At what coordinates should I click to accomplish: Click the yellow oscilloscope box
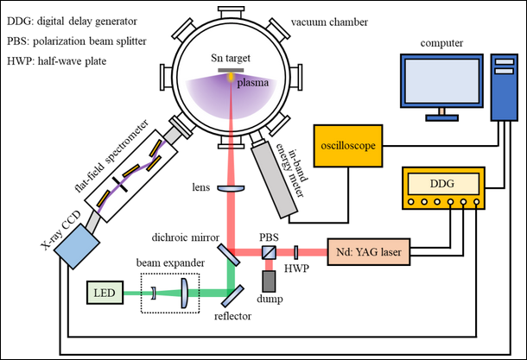tap(345, 147)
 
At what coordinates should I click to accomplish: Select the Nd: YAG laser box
tap(369, 252)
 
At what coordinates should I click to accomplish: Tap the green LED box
tap(105, 294)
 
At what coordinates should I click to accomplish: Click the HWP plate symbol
tap(295, 252)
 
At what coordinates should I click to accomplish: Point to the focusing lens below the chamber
tap(230, 188)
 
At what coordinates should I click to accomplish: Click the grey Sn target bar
tap(230, 69)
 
